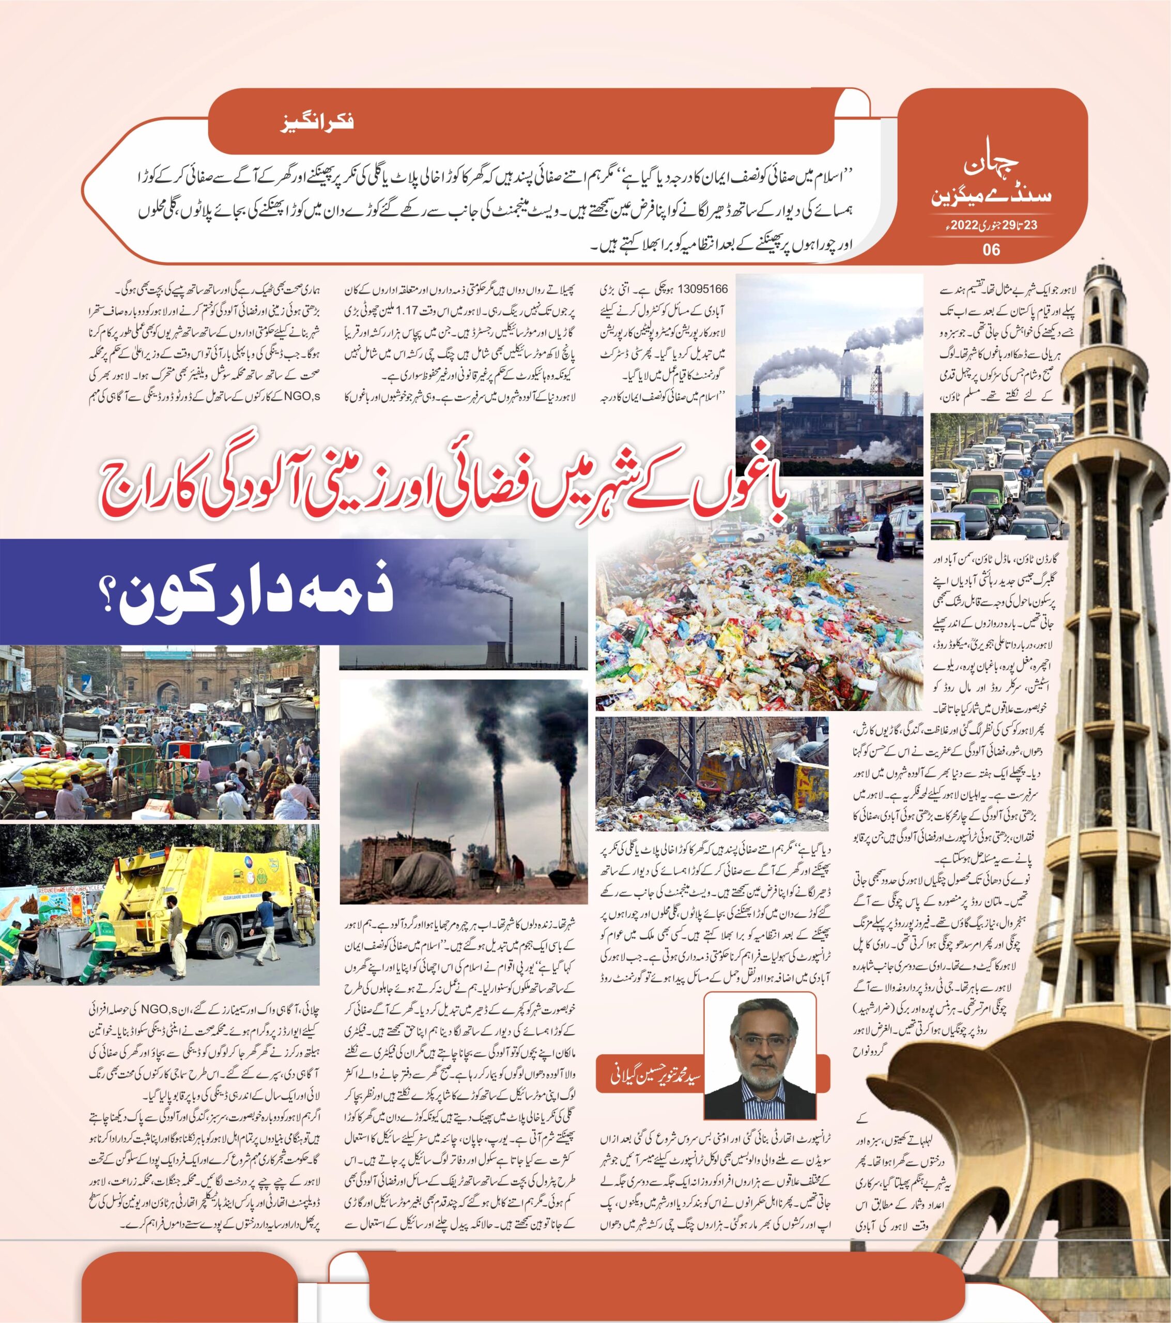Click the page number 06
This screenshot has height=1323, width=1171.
pyautogui.click(x=991, y=249)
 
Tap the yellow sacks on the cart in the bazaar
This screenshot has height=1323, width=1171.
pyautogui.click(x=61, y=774)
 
